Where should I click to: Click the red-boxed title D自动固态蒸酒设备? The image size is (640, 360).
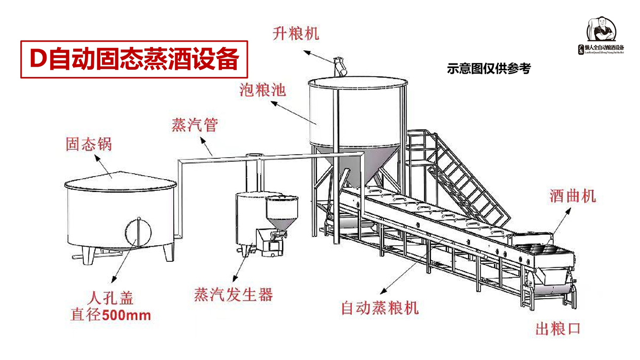pyautogui.click(x=135, y=59)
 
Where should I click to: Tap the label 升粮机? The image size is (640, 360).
pyautogui.click(x=295, y=34)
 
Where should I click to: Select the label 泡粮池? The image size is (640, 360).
pyautogui.click(x=262, y=89)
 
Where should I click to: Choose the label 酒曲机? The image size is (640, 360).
pyautogui.click(x=572, y=196)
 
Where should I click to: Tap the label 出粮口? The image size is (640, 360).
pyautogui.click(x=558, y=328)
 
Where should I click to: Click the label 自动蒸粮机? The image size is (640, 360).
pyautogui.click(x=380, y=308)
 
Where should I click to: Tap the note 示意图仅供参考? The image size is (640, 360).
pyautogui.click(x=489, y=69)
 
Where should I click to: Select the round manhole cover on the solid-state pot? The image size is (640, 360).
pyautogui.click(x=139, y=234)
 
